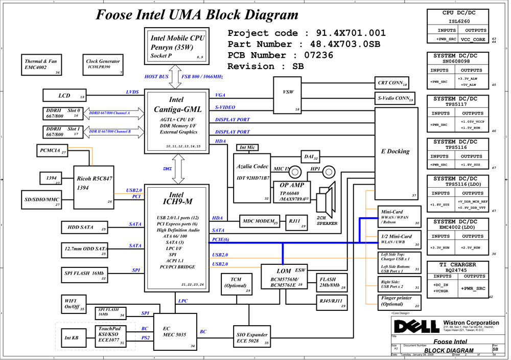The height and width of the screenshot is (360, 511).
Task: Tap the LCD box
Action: [x=66, y=96]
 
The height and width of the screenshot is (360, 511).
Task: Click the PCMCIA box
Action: [x=53, y=151]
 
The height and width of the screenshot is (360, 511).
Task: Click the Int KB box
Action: [x=72, y=338]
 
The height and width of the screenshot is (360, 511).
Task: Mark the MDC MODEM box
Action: [x=261, y=222]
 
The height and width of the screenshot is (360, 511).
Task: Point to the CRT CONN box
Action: [x=392, y=83]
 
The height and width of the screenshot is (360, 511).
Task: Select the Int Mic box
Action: [x=247, y=147]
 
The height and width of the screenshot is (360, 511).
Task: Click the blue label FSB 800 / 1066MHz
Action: [x=202, y=77]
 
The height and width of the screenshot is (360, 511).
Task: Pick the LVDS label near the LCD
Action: [x=132, y=92]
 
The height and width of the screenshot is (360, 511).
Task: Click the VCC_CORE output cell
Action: [x=473, y=39]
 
